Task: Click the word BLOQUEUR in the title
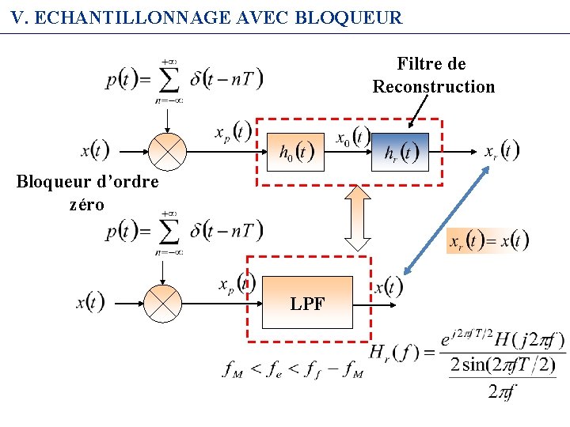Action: (x=348, y=17)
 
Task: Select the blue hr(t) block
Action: (x=401, y=152)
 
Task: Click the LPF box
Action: (x=307, y=303)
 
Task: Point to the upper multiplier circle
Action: (x=167, y=151)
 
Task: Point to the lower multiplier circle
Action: (x=162, y=303)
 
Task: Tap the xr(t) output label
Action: (x=502, y=150)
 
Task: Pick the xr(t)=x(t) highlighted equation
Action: (x=488, y=241)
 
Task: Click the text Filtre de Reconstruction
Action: (x=434, y=75)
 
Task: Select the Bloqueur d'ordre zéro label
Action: (x=87, y=193)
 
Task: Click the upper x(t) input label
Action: (x=95, y=149)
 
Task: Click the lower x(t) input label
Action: (x=89, y=301)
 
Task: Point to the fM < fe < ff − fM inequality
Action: (x=292, y=369)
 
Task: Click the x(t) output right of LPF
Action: (x=388, y=286)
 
